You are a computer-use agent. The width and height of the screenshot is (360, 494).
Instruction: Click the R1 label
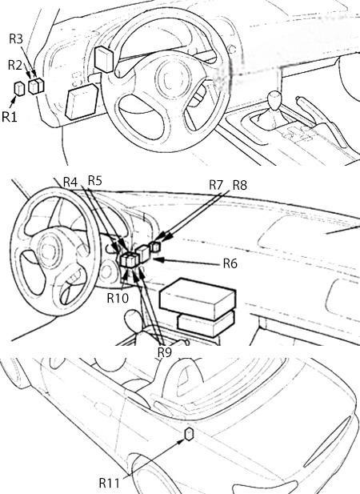(10, 117)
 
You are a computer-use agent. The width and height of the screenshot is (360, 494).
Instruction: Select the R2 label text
(15, 65)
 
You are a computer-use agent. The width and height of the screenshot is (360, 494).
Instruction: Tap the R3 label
(16, 38)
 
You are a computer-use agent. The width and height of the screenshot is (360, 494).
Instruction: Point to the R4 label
(70, 182)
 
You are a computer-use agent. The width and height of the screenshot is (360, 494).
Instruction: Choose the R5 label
(95, 181)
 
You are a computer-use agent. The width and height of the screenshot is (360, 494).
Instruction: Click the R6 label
(230, 263)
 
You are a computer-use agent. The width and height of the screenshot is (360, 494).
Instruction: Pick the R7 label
(216, 185)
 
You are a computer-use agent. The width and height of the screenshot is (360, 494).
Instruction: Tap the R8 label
(240, 185)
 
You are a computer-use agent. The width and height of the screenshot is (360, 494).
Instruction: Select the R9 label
(165, 352)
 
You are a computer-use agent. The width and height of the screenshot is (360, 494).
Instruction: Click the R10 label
(118, 298)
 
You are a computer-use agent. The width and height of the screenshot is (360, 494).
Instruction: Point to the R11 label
(109, 483)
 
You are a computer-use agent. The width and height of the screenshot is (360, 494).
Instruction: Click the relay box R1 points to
(19, 89)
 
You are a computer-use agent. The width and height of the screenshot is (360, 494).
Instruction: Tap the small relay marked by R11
(189, 434)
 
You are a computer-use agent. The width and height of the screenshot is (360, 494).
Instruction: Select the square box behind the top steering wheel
(104, 59)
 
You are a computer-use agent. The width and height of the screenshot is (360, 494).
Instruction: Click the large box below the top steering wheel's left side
(82, 102)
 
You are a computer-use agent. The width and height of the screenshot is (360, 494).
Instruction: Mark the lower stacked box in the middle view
(206, 324)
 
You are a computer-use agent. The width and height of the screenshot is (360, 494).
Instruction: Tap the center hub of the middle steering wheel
(50, 251)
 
